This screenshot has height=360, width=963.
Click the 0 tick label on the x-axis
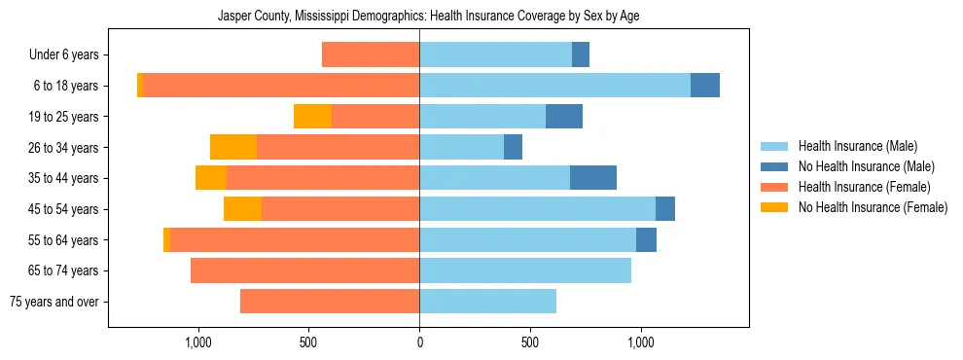pos(419,342)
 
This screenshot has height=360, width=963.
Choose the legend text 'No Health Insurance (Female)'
pos(872,207)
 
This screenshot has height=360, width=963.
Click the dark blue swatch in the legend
pos(774,166)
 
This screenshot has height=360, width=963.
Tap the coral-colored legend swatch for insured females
pos(774,187)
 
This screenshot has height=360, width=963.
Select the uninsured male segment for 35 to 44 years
pos(592,178)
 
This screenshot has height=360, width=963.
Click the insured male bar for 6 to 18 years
pos(554,86)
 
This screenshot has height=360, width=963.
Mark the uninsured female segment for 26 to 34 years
pos(233,147)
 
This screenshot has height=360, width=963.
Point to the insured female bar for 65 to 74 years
pos(304,270)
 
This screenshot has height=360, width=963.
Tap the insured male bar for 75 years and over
pos(487,302)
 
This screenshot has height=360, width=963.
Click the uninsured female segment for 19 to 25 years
pos(312,117)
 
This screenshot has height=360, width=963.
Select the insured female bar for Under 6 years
pos(371,55)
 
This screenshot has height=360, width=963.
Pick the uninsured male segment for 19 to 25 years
pos(563,117)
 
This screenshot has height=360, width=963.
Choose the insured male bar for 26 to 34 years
pos(461,147)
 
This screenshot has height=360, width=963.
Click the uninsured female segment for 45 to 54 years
pos(242,209)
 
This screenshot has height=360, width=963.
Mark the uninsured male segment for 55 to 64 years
pos(646,239)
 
